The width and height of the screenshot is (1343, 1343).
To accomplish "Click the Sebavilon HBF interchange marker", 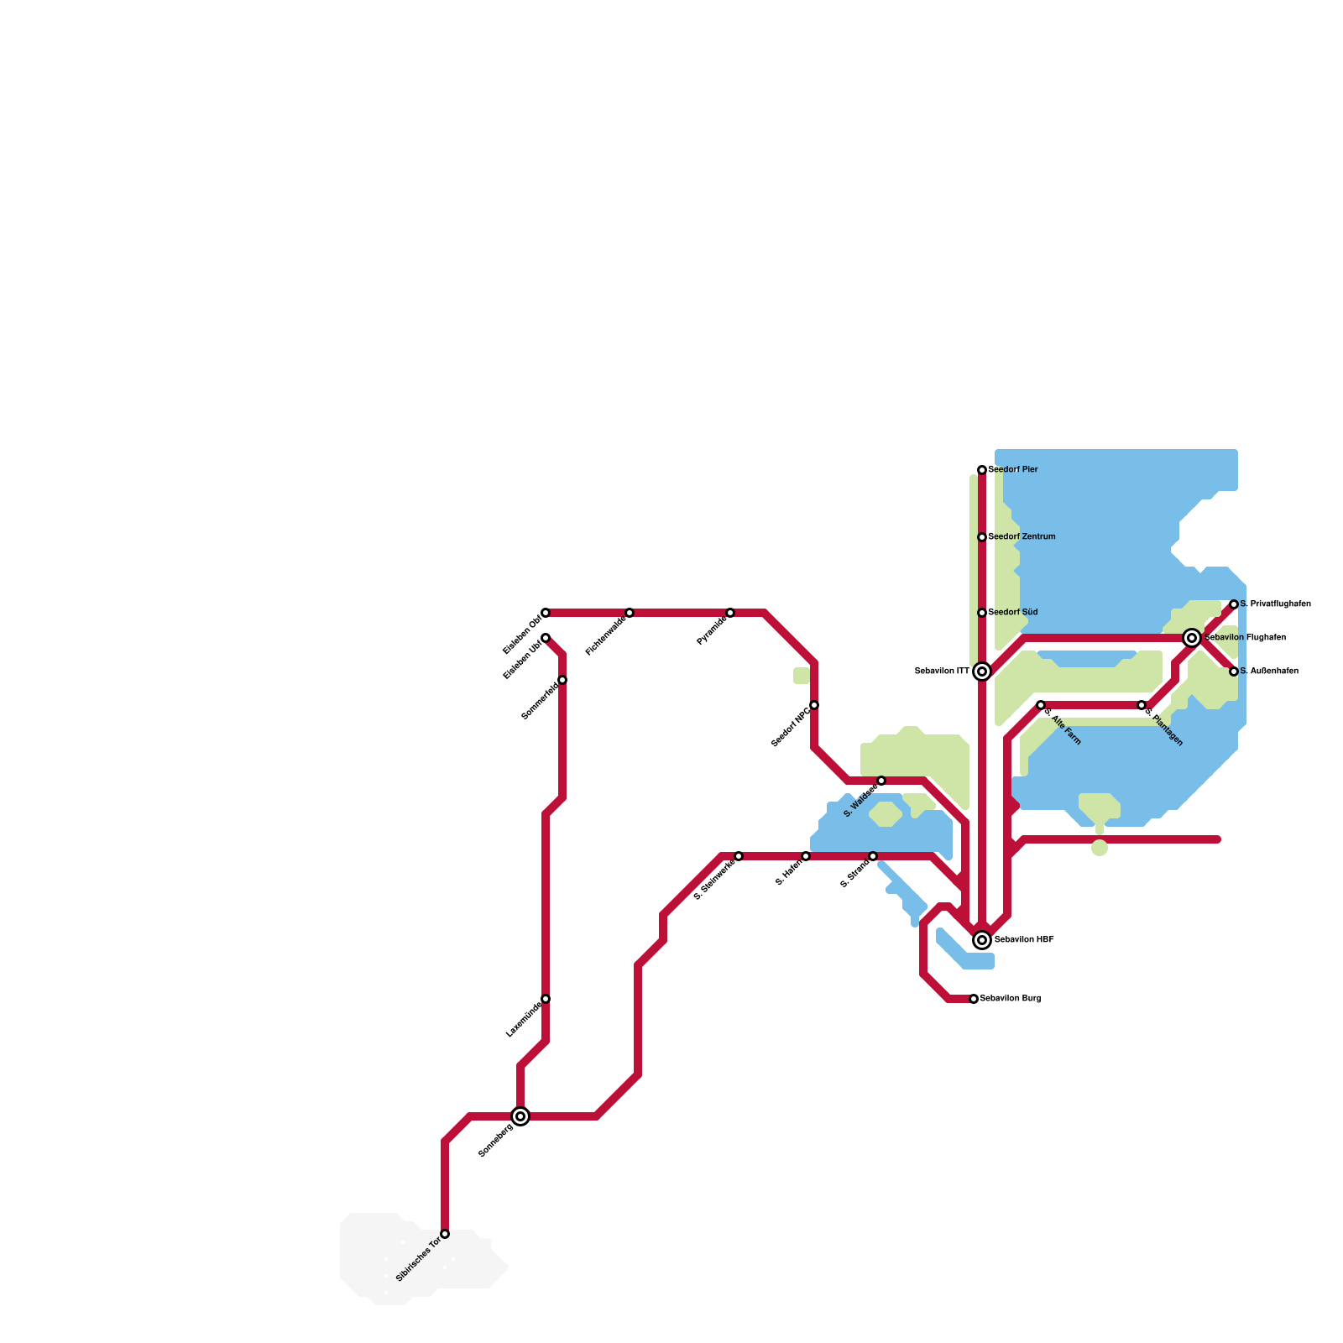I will point(982,940).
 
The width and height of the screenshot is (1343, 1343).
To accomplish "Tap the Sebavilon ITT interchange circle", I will point(982,671).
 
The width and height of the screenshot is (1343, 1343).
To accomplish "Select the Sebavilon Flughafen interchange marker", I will point(1192,638).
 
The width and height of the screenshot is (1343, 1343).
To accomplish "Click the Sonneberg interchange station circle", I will point(520,1116).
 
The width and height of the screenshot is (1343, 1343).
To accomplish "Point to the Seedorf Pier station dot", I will point(982,470).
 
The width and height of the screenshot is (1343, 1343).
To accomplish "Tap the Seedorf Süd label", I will point(1013,613).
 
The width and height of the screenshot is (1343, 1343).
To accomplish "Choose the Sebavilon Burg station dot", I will point(974,999).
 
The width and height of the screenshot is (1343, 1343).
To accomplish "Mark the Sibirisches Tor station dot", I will point(445,1234).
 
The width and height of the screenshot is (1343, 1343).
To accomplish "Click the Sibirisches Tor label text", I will point(418,1260).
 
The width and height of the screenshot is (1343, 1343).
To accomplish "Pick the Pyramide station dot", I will point(730,613).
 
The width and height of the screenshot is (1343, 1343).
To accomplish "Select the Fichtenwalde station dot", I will point(630,613).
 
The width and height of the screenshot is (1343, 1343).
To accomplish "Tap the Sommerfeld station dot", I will point(562,680).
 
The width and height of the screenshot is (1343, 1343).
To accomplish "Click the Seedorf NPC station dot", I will point(814,705).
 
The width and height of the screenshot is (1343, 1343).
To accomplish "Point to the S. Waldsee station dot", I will point(881,781).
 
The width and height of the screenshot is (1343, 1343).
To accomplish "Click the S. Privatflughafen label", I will point(1275,604).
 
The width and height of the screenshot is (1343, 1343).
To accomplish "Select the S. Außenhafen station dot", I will point(1234,671).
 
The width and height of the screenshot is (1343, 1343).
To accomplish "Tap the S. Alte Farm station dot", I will point(1041,705).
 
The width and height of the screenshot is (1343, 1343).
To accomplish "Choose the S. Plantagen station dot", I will point(1142,705).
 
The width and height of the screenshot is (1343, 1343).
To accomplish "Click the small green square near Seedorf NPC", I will point(802,676).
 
